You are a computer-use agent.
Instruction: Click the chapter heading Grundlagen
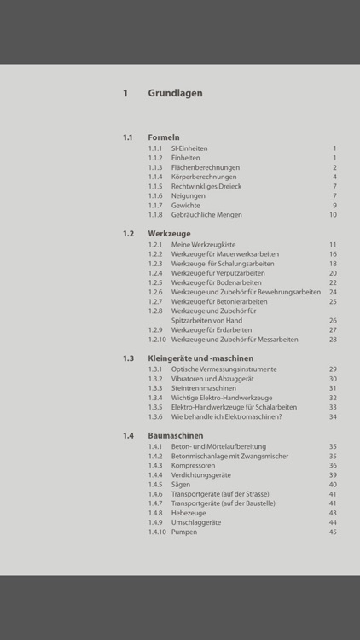coord(175,94)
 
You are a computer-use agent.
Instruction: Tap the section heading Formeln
coord(163,137)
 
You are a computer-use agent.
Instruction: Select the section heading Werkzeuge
coord(169,233)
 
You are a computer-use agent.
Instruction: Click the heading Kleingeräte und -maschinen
coord(200,358)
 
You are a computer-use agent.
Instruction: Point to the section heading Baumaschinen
coord(176,435)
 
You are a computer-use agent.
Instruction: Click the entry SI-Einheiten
coord(189,148)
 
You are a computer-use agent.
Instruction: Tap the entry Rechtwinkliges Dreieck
coord(206,186)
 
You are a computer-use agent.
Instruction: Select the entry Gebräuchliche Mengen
coord(206,215)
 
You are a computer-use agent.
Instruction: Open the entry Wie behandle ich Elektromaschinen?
coord(226,416)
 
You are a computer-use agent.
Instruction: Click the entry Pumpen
coord(184,532)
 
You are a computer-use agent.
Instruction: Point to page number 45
coord(333,532)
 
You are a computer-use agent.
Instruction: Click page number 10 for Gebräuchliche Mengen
coord(333,215)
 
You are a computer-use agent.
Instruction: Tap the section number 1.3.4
coord(154,398)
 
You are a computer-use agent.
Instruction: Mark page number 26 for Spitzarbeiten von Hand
coord(333,320)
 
